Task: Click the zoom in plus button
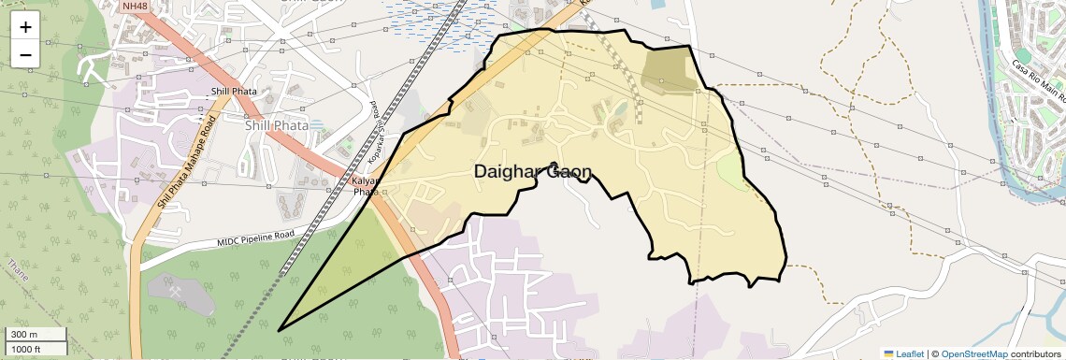point(25,27)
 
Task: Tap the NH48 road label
point(134,7)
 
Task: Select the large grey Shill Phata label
point(276,125)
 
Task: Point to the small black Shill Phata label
point(234,91)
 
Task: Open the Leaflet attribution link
point(910,353)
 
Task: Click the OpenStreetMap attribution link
point(973,353)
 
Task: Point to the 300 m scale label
point(24,335)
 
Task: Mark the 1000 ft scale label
point(27,349)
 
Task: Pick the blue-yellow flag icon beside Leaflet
point(888,353)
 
